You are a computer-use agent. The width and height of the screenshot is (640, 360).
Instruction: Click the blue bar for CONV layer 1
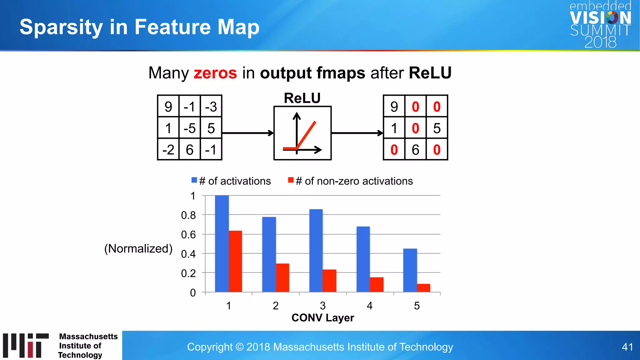222,244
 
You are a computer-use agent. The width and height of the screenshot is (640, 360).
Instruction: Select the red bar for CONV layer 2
282,278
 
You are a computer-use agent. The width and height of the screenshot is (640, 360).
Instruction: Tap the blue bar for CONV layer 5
410,270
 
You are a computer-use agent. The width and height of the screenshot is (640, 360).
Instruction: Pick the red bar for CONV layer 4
377,285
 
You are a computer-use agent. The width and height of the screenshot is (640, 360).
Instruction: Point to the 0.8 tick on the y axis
188,215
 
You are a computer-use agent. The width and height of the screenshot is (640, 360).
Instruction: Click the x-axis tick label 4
370,306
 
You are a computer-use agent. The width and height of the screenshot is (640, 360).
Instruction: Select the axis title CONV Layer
322,318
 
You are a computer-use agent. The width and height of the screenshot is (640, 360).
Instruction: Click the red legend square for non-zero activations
291,180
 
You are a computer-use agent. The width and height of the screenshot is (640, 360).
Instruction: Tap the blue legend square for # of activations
194,180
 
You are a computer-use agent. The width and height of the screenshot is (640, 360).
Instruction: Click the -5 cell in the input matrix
190,128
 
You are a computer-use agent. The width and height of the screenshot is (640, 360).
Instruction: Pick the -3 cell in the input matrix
211,107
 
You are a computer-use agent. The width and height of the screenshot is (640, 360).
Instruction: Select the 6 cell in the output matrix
415,150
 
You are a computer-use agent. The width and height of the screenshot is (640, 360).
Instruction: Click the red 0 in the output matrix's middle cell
415,128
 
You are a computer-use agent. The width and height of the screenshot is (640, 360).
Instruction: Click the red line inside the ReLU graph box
306,134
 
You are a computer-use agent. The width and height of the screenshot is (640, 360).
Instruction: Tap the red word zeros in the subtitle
215,73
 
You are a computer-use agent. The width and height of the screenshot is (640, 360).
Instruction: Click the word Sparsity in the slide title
61,27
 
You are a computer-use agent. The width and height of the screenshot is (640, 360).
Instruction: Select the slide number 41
627,347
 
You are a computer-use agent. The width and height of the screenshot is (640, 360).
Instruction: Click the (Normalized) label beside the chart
138,248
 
